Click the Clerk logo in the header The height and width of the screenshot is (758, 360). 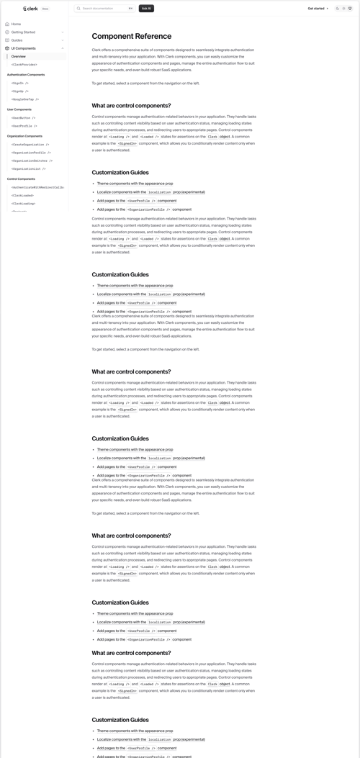[30, 9]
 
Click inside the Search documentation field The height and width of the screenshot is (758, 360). [101, 9]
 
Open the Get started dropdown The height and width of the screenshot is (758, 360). [318, 9]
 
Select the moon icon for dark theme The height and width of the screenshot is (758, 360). [337, 9]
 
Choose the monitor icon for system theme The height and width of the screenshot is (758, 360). [351, 9]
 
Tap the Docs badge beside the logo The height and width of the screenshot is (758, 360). [45, 9]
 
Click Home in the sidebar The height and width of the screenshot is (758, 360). [16, 24]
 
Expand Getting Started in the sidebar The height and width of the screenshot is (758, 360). [23, 32]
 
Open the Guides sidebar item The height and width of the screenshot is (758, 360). [17, 40]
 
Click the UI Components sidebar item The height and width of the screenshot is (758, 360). [23, 48]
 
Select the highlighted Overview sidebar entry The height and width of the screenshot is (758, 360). [19, 56]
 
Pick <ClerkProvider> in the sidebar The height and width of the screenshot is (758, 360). [25, 65]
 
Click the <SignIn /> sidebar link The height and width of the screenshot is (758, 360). [20, 83]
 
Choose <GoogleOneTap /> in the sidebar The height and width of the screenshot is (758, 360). [25, 99]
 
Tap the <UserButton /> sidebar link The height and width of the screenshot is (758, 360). [24, 117]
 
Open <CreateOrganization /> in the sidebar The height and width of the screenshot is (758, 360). [30, 144]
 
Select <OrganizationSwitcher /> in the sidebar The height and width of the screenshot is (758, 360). [32, 161]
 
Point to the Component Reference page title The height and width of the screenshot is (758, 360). [132, 36]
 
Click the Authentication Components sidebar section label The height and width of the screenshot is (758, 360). [26, 75]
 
